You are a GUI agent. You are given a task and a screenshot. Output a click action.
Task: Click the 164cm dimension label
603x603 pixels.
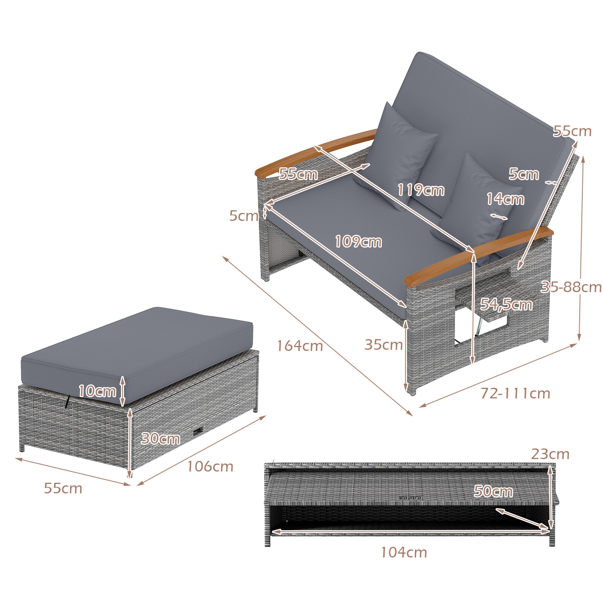coord(300,346)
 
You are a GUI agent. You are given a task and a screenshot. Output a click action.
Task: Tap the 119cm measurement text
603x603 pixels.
coord(421,190)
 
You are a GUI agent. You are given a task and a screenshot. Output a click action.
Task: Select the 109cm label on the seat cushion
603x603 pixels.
coord(358,242)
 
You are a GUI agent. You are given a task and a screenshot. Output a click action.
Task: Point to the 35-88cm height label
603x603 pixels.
coord(571,287)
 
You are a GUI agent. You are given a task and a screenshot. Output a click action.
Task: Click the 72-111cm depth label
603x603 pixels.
coord(515,393)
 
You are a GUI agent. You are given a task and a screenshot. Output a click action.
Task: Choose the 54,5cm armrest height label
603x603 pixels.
coord(506,305)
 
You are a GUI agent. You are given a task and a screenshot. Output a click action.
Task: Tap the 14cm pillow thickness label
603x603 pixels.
coord(505,199)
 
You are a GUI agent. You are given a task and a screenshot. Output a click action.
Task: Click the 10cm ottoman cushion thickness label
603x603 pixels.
coord(97,391)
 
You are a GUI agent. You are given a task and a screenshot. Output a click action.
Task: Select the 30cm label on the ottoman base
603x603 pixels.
coord(160,438)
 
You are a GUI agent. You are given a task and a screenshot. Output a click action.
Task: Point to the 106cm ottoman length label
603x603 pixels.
coord(210,467)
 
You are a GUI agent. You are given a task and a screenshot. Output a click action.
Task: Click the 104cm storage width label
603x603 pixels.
coord(404,552)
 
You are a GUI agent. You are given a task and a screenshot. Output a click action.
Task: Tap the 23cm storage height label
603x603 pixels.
coord(550,454)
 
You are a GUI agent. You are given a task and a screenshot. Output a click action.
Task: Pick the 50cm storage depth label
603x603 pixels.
coord(493,491)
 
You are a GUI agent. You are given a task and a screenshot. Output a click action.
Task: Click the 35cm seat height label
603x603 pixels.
coord(384,344)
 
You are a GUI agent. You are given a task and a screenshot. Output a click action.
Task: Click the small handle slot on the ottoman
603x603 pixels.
coord(197,432)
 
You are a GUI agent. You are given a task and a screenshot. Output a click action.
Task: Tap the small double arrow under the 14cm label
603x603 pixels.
coord(499,217)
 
